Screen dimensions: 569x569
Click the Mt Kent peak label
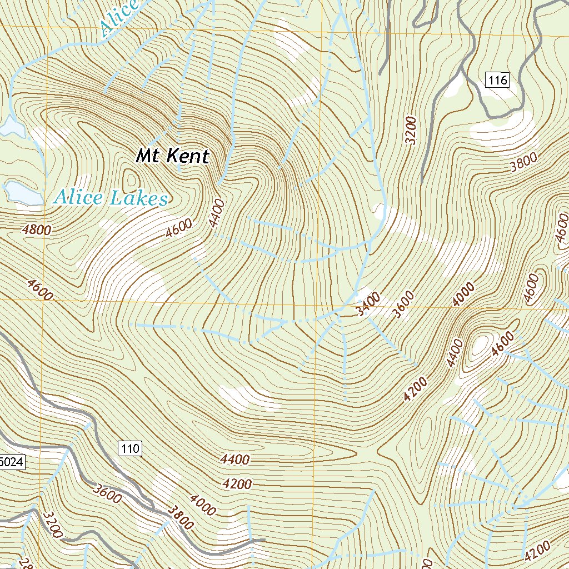point(172,156)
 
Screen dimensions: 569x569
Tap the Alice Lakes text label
point(110,198)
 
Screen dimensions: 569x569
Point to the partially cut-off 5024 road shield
point(11,461)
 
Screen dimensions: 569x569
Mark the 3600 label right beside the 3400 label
point(403,304)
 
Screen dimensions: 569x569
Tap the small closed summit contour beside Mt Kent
point(132,180)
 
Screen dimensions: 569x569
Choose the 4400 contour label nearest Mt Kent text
point(217,213)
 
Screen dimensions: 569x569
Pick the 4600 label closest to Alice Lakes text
point(178,228)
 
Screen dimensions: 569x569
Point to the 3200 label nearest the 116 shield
point(411,130)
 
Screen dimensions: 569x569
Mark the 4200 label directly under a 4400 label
point(237,484)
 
